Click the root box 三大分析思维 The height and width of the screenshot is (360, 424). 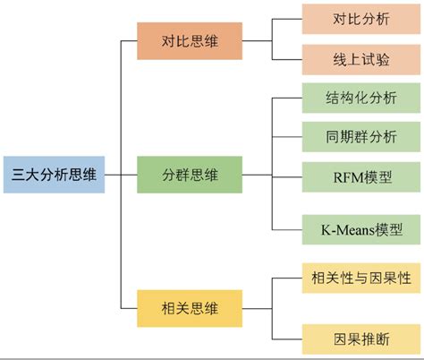[53, 173]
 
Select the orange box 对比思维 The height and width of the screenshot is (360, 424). [189, 40]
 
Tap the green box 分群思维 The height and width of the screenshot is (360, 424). [189, 174]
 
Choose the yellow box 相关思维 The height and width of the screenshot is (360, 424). [189, 308]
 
